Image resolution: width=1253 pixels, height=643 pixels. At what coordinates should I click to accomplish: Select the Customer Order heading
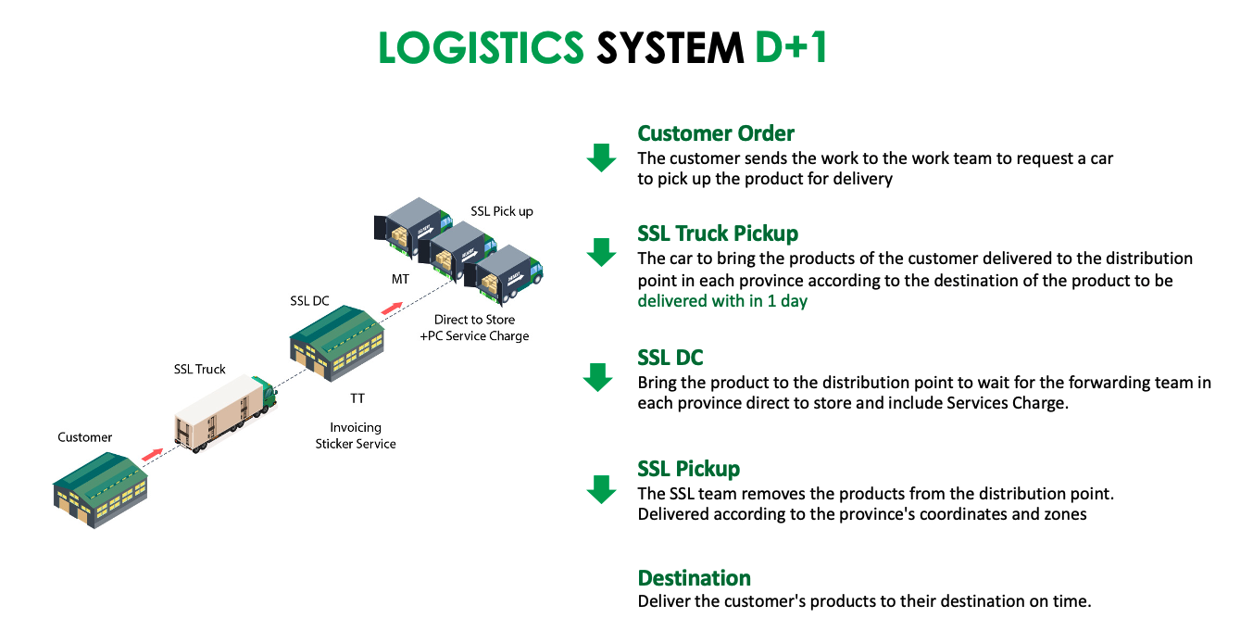tap(716, 133)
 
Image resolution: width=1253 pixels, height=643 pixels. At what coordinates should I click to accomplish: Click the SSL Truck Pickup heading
tap(718, 233)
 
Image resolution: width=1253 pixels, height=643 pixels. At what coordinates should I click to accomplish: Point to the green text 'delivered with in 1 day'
tap(722, 301)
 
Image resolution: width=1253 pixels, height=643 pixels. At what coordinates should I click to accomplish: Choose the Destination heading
tap(695, 578)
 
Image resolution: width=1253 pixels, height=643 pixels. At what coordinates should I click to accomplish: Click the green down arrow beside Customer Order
tap(601, 158)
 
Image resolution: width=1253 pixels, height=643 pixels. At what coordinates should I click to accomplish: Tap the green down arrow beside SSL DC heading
tap(598, 377)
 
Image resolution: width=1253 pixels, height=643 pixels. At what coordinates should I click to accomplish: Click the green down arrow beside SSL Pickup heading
tap(601, 490)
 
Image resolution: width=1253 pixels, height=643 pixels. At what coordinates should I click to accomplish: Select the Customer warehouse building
tap(101, 490)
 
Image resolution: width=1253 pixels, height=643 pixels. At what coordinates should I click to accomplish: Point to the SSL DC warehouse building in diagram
tap(337, 343)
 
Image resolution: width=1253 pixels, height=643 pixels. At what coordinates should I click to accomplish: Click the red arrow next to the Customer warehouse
tap(152, 454)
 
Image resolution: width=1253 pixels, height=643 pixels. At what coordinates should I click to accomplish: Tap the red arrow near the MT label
tap(392, 309)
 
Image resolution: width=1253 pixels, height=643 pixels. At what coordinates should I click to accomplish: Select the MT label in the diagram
tap(400, 279)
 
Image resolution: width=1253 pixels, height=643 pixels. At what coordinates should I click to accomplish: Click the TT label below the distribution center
tap(357, 398)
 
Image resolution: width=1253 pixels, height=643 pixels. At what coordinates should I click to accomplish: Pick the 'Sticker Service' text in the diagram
tap(356, 444)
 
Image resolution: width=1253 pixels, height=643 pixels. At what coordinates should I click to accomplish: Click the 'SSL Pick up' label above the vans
tap(502, 211)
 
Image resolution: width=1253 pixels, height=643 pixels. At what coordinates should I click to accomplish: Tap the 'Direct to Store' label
tap(474, 320)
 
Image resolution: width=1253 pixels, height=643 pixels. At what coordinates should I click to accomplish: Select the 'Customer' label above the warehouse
tap(84, 437)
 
